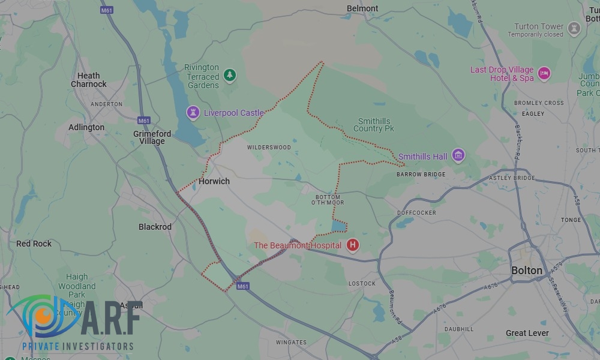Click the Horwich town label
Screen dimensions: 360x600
[214, 181]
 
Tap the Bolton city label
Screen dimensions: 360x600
[527, 271]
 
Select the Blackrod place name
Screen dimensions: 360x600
[155, 227]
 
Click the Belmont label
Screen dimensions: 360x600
[362, 8]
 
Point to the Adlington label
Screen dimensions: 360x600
[86, 127]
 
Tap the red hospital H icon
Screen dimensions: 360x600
[353, 245]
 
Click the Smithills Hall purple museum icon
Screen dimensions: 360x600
[458, 156]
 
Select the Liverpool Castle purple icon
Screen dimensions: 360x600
[193, 112]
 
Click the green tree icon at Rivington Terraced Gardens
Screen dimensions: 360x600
[229, 76]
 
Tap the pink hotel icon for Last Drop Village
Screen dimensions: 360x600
[544, 73]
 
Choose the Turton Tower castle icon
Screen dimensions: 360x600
[574, 29]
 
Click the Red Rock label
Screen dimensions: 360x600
[34, 244]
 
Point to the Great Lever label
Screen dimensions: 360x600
[527, 333]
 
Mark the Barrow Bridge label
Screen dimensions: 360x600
[421, 175]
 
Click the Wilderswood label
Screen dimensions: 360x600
[269, 148]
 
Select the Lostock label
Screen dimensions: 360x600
[362, 283]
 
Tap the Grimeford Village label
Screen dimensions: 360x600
[152, 137]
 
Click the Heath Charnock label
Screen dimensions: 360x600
[88, 80]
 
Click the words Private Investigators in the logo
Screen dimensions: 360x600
[77, 346]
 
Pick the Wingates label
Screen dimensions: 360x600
[291, 343]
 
